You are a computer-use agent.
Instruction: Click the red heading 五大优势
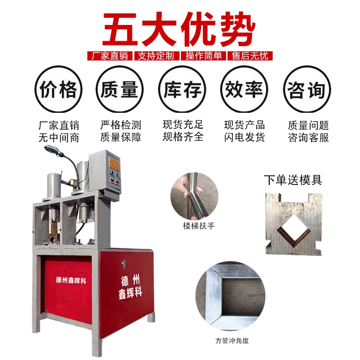(x=179, y=29)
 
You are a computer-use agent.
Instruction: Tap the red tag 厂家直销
(x=110, y=56)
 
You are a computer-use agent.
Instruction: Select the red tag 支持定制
(x=156, y=56)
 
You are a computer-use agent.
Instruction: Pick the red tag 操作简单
(x=204, y=56)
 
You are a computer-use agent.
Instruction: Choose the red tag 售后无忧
(x=250, y=56)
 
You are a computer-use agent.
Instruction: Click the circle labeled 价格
(x=58, y=89)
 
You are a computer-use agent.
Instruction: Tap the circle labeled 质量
(x=120, y=89)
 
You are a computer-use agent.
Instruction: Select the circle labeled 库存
(x=182, y=89)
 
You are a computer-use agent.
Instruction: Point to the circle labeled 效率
(x=244, y=89)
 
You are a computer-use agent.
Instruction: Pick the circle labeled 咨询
(x=307, y=89)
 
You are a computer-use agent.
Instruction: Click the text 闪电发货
(x=244, y=137)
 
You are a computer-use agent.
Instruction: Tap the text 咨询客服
(x=308, y=138)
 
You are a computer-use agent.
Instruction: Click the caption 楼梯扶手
(x=199, y=226)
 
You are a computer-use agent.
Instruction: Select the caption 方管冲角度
(x=232, y=340)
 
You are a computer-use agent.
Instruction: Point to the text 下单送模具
(x=293, y=180)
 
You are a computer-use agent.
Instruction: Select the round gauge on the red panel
(x=124, y=264)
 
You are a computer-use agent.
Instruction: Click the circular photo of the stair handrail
(x=194, y=196)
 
